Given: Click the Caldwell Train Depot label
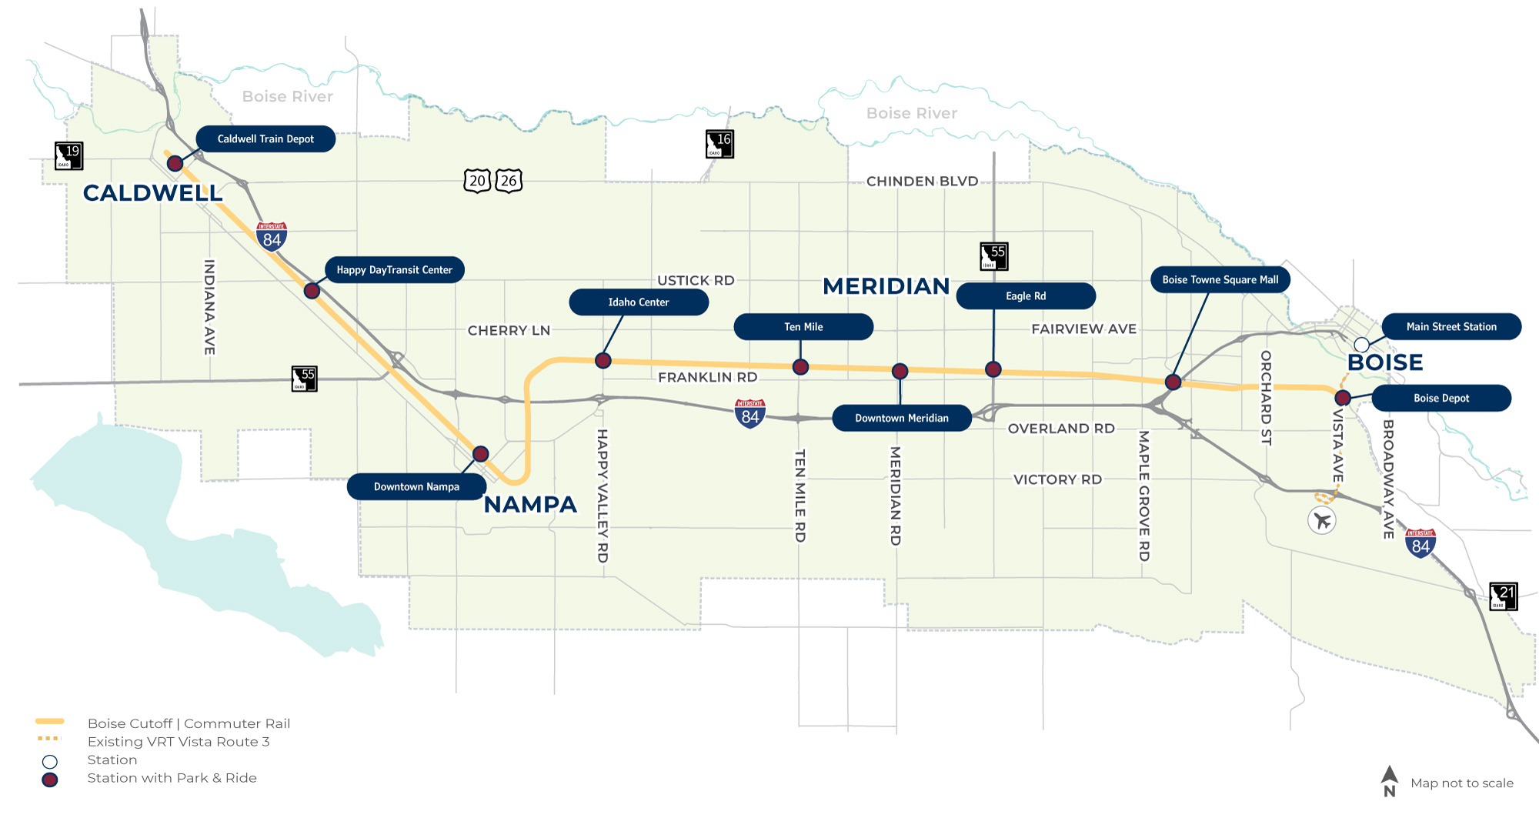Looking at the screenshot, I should [x=265, y=139].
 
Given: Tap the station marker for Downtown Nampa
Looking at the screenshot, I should [x=480, y=454].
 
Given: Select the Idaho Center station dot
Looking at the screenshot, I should [x=603, y=360].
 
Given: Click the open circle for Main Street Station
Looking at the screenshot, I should [x=1361, y=345].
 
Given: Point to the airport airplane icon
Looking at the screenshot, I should [x=1322, y=521].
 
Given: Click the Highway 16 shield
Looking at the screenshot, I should [x=719, y=144].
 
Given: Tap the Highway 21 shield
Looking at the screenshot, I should [x=1503, y=596].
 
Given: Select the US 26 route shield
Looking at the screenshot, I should [x=509, y=181].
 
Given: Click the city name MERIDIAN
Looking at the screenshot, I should [x=886, y=286].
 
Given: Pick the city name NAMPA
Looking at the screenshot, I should [x=530, y=505].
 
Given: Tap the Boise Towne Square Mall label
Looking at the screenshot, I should [x=1220, y=280].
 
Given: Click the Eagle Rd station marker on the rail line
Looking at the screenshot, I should [x=993, y=369].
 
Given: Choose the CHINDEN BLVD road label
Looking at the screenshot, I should [x=922, y=182].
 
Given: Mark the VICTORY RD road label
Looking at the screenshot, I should [x=1057, y=479].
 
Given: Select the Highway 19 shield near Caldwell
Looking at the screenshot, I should [x=68, y=155].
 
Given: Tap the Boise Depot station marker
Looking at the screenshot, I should [x=1343, y=398].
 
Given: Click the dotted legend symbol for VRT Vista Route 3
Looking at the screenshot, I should [x=49, y=739].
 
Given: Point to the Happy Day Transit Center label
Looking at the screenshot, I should [x=394, y=270].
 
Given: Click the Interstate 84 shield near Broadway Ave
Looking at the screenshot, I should [x=1420, y=543].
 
